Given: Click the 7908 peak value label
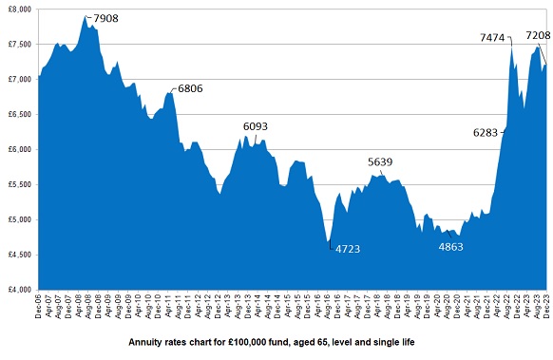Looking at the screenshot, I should [x=105, y=16].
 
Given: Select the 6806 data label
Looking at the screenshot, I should [x=189, y=88].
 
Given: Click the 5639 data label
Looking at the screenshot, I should [x=380, y=161].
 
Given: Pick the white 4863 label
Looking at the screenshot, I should [x=450, y=246].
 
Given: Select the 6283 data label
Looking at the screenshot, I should [x=486, y=133].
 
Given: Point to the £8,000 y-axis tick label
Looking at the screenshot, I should [x=18, y=9].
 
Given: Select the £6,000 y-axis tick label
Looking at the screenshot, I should [x=18, y=149].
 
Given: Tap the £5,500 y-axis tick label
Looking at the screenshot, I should [x=18, y=184].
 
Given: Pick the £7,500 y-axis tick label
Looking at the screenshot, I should [x=18, y=44].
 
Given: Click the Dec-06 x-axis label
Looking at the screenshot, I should [x=38, y=305].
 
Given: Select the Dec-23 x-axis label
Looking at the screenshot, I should [x=546, y=305].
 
